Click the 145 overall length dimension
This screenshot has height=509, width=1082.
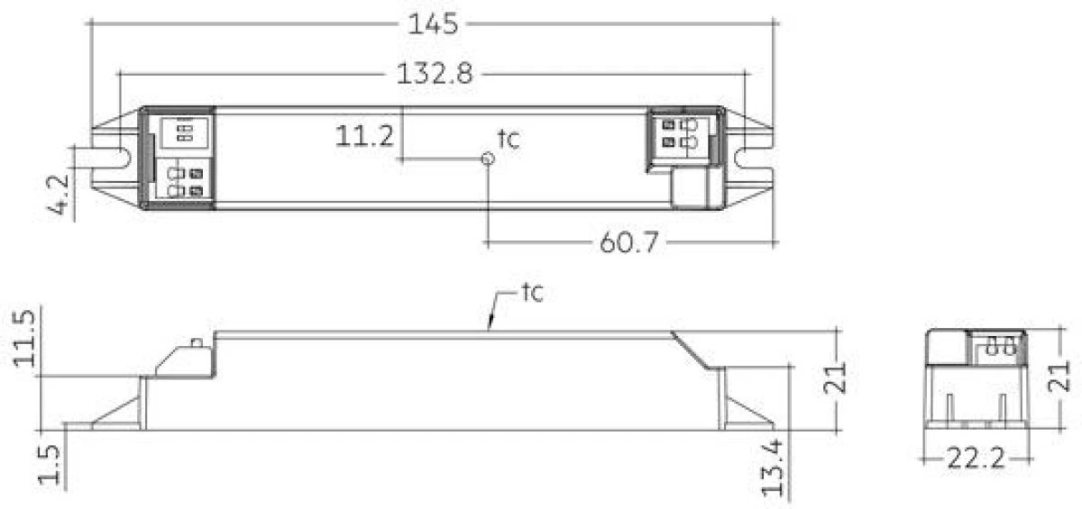click(x=434, y=24)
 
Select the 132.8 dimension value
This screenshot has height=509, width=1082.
click(x=435, y=75)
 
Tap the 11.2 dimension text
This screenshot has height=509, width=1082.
click(x=364, y=137)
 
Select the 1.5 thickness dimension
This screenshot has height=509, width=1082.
click(x=52, y=465)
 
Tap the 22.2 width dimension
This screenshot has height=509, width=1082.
click(x=977, y=460)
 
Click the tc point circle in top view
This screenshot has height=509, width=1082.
click(x=488, y=159)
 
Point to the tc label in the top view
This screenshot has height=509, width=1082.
click(x=509, y=139)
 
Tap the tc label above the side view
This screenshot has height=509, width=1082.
click(x=530, y=294)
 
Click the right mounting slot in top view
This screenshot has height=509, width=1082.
click(x=754, y=158)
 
